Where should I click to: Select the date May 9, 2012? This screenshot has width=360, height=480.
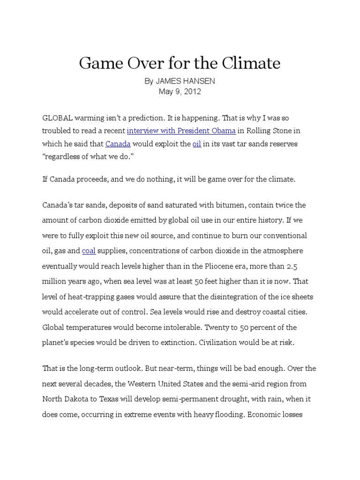pyautogui.click(x=180, y=91)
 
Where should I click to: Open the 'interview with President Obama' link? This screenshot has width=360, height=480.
pyautogui.click(x=181, y=131)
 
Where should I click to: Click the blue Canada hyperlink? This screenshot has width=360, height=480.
pyautogui.click(x=118, y=143)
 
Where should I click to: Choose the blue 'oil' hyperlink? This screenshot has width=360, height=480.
pyautogui.click(x=197, y=143)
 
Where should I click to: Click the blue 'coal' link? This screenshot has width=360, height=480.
pyautogui.click(x=89, y=251)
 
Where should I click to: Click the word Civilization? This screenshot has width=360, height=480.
pyautogui.click(x=221, y=342)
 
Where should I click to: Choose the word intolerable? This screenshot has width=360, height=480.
pyautogui.click(x=163, y=327)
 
